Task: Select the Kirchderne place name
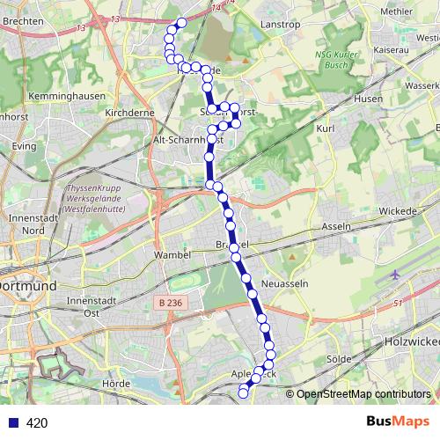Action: click(x=129, y=114)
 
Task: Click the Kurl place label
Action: click(x=326, y=128)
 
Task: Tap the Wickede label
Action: click(x=401, y=211)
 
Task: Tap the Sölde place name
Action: click(x=339, y=360)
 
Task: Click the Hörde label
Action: click(x=116, y=384)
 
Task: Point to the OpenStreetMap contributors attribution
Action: click(x=363, y=394)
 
